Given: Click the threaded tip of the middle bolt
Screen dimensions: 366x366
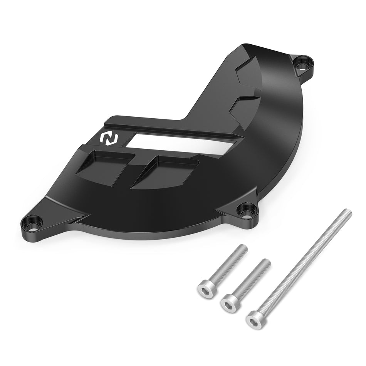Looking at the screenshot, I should pyautogui.click(x=266, y=263).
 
